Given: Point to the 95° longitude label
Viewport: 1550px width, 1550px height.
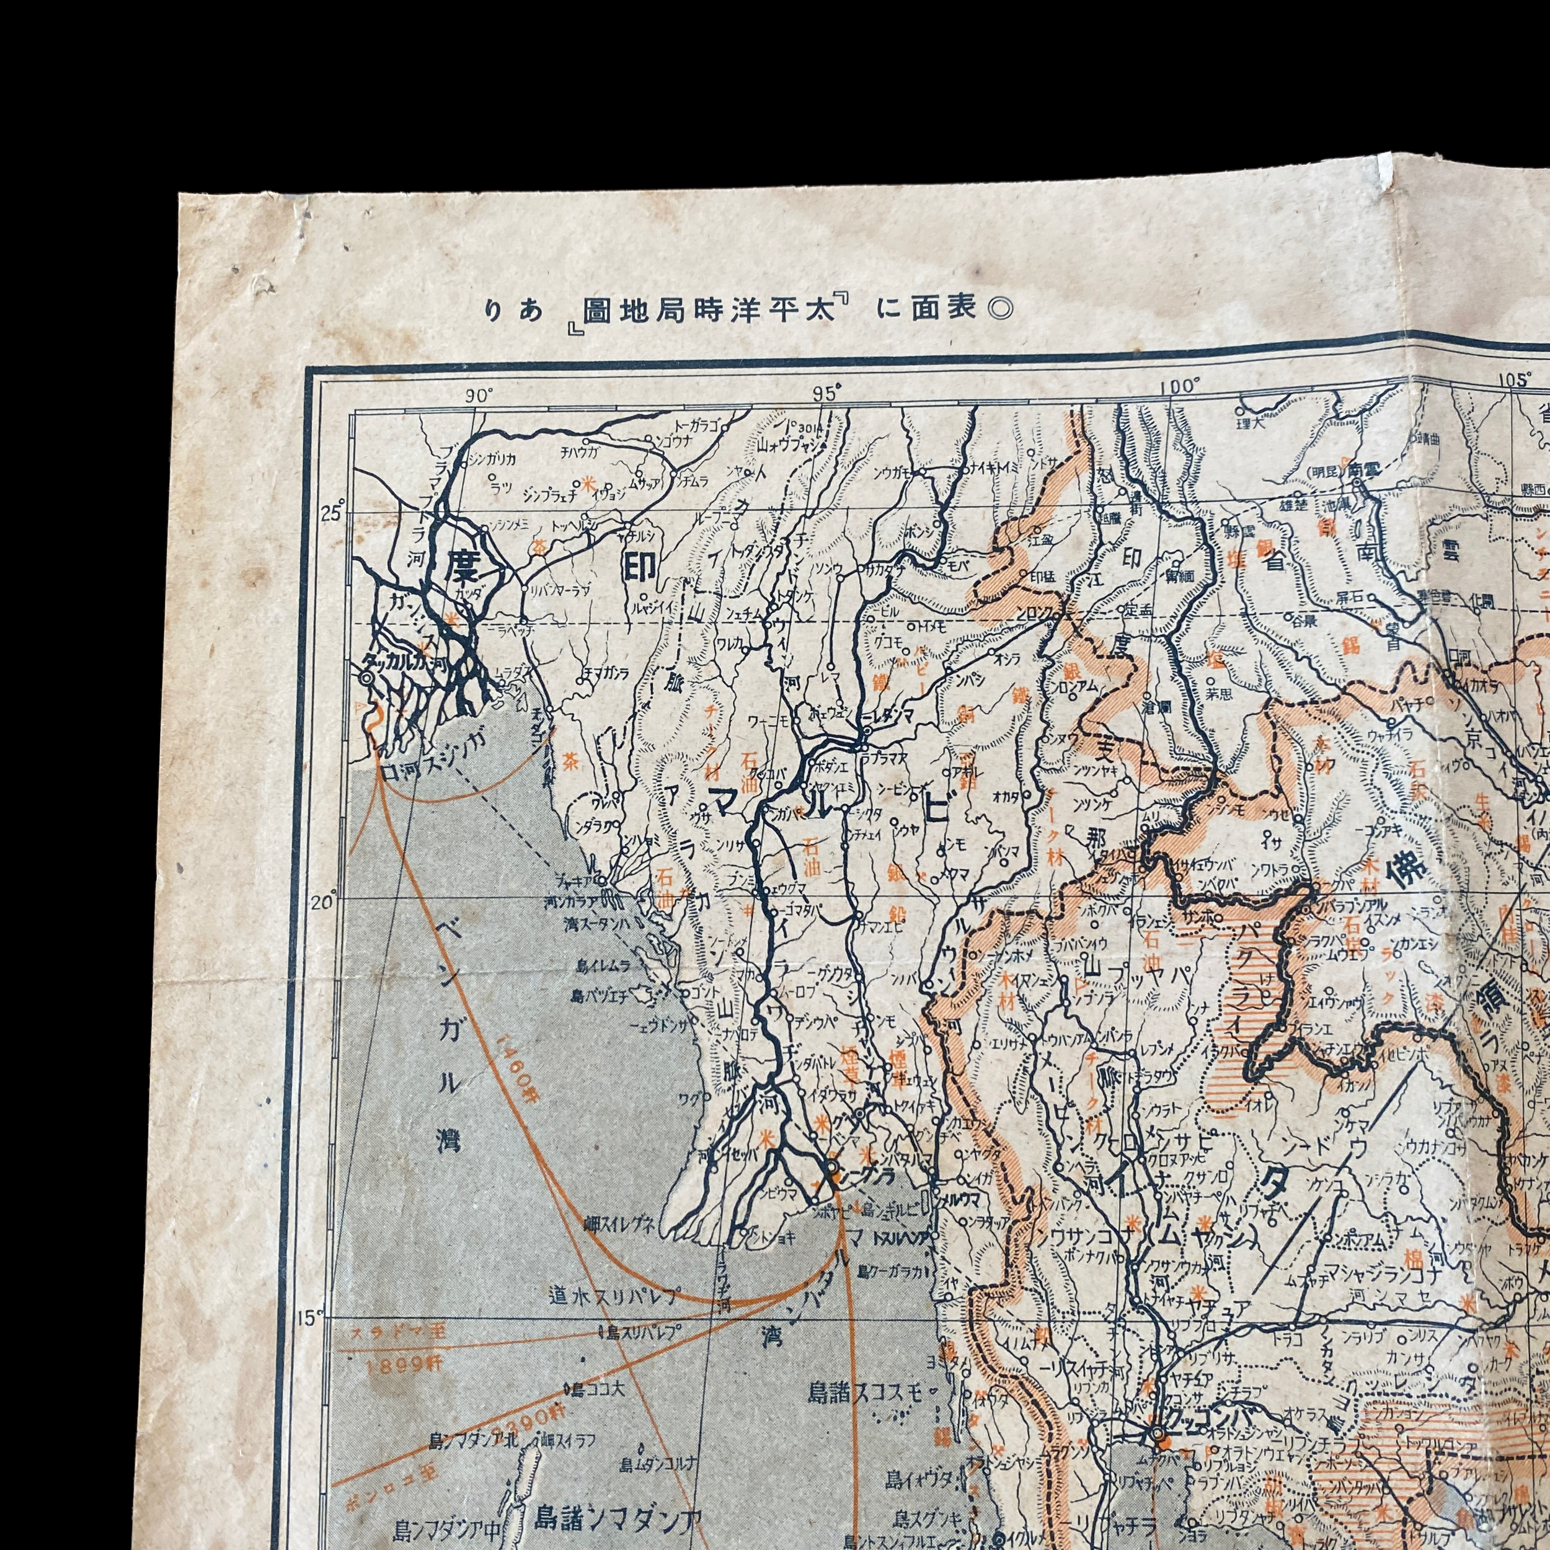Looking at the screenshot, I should point(826,393).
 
